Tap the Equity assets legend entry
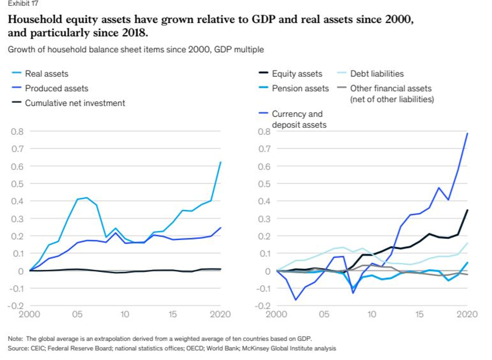click(x=297, y=74)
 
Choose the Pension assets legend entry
click(x=300, y=88)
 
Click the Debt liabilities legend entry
click(x=376, y=74)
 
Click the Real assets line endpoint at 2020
click(x=220, y=162)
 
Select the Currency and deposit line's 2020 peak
click(x=467, y=133)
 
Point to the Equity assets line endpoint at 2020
click(x=467, y=210)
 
